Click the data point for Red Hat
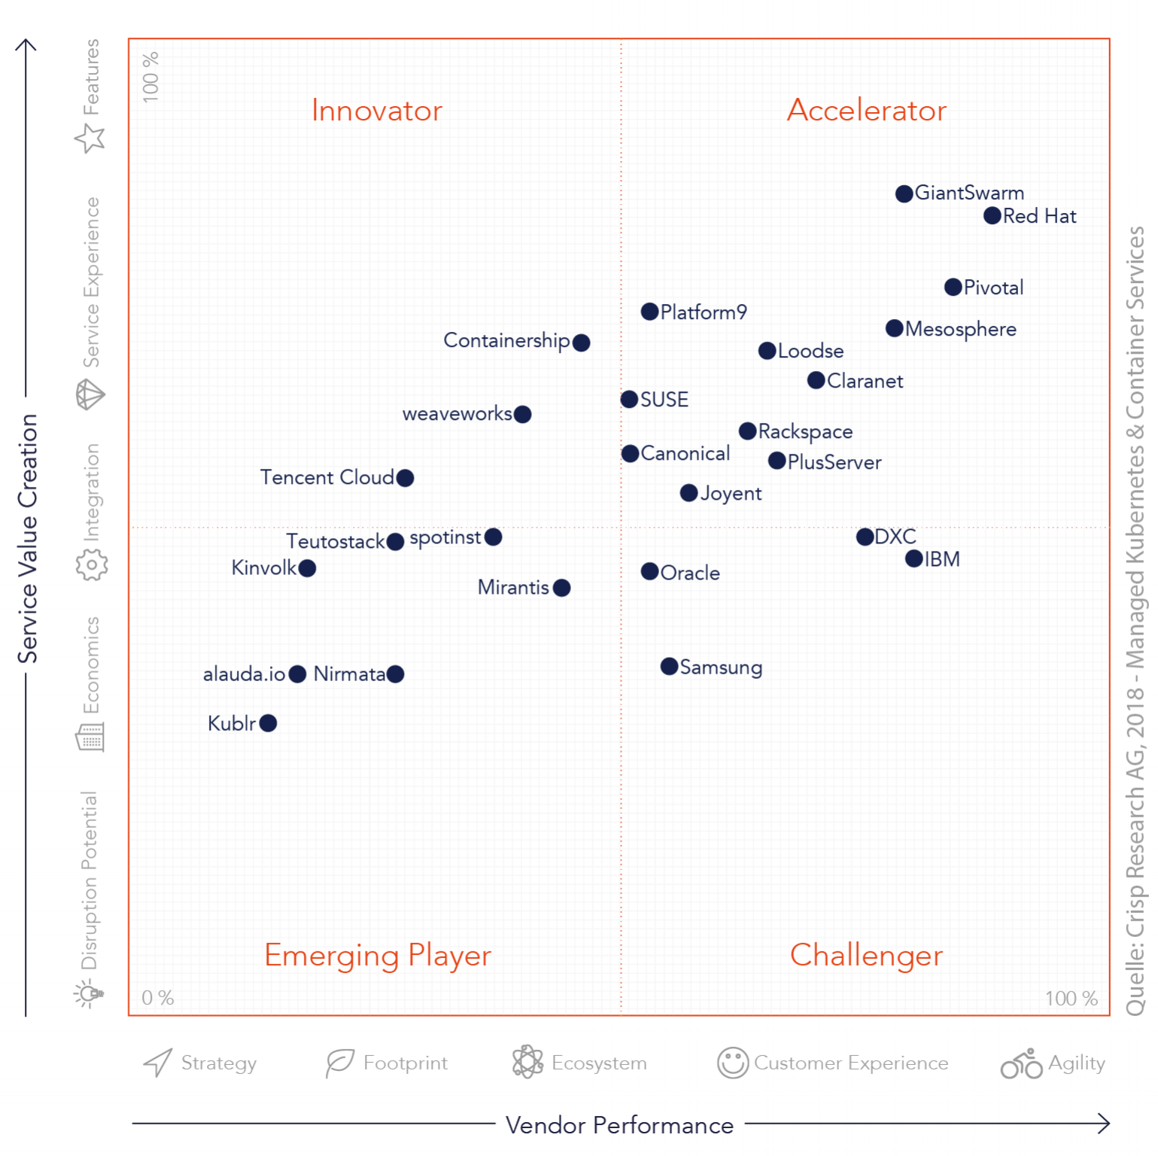[x=992, y=216]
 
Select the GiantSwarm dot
[x=904, y=193]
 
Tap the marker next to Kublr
[x=268, y=723]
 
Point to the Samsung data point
[x=670, y=666]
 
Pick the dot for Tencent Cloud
[x=405, y=478]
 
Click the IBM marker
[x=914, y=558]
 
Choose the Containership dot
[x=581, y=342]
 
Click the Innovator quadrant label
[x=377, y=111]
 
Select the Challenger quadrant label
[x=866, y=956]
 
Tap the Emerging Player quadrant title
[x=378, y=956]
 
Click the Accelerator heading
[x=867, y=111]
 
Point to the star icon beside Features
[x=90, y=138]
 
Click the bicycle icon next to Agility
[x=1022, y=1063]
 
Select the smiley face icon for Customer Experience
[x=733, y=1063]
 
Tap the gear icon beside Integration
[x=92, y=564]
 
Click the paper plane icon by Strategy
[x=158, y=1063]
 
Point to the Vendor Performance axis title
[x=619, y=1125]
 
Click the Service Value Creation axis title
[x=28, y=539]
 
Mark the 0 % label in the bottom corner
[x=158, y=998]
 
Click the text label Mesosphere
[x=961, y=330]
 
